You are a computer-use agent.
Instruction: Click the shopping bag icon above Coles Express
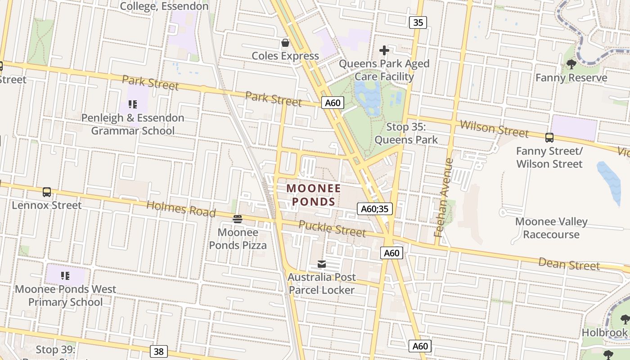(x=285, y=43)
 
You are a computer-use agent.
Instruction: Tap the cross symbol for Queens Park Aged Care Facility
(x=384, y=50)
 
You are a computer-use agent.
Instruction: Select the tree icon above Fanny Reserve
(x=571, y=64)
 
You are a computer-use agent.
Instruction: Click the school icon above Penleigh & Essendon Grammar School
(x=132, y=104)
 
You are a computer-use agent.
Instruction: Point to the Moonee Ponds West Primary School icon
(x=65, y=275)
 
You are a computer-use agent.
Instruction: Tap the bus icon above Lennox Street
(x=47, y=192)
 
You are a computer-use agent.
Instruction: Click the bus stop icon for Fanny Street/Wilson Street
(x=549, y=138)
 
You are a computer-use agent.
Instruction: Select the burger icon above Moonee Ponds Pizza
(x=238, y=219)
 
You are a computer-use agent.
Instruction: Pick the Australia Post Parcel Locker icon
(x=322, y=264)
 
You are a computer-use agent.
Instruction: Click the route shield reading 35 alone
(x=418, y=22)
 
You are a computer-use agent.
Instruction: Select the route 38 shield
(x=158, y=351)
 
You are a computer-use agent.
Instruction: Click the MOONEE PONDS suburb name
(x=314, y=194)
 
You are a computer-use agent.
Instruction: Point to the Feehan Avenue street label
(x=444, y=198)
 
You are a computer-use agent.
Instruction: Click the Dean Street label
(x=569, y=264)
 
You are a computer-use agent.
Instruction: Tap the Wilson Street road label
(x=494, y=128)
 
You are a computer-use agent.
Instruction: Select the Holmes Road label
(x=181, y=209)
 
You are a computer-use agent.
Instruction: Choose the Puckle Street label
(x=332, y=228)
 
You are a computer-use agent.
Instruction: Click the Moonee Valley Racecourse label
(x=551, y=228)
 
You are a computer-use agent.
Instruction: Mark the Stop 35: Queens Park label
(x=406, y=133)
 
